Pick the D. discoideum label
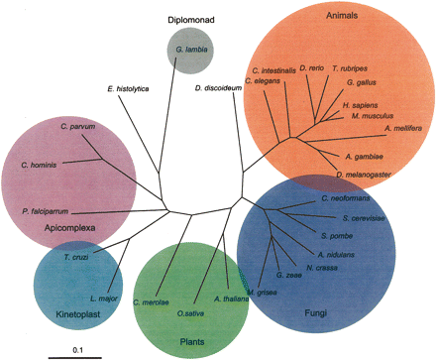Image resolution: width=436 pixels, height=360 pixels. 219,89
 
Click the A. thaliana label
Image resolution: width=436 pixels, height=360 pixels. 230,299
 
